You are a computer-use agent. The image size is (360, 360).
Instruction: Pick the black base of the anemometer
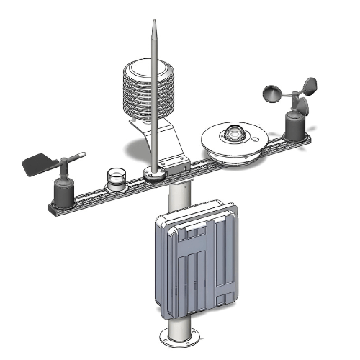pos(296,127)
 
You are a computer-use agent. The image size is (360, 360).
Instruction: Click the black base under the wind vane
pos(63,194)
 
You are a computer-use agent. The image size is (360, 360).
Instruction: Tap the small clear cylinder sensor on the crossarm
pos(116,179)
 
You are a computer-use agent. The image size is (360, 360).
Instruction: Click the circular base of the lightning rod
pos(153,173)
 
